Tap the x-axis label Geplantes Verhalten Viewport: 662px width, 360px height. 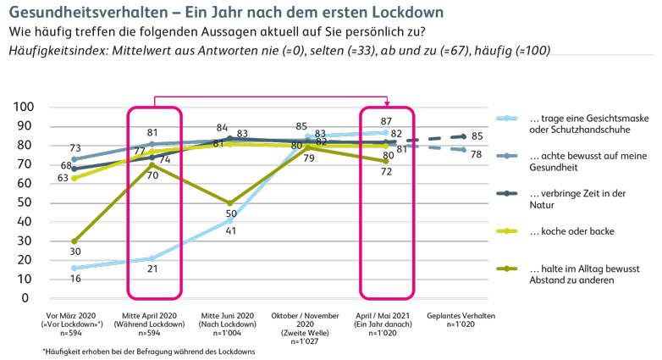461,315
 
